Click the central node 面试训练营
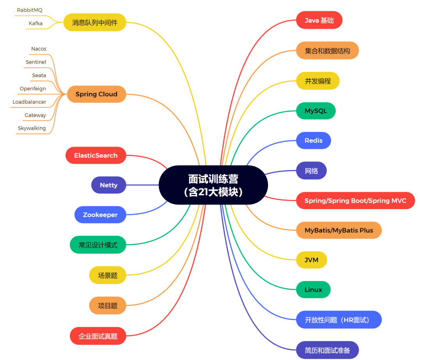coord(213,185)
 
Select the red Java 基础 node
coord(319,20)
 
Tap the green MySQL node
coord(316,111)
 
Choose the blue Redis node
coord(313,140)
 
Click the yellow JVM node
coord(311,260)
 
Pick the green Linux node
coord(313,289)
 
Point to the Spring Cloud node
coord(96,94)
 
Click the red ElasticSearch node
coord(96,155)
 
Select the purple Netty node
coord(108,185)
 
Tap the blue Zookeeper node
coord(100,215)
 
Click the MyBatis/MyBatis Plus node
coord(339,230)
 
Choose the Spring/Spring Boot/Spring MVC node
coord(355,200)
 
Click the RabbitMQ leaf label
coord(30,10)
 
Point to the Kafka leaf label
coord(35,23)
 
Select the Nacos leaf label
coord(39,49)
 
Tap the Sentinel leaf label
coord(36,62)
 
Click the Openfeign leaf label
coord(33,89)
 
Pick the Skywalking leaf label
coord(32,128)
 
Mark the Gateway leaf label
coord(35,115)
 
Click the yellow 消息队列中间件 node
coord(95,23)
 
